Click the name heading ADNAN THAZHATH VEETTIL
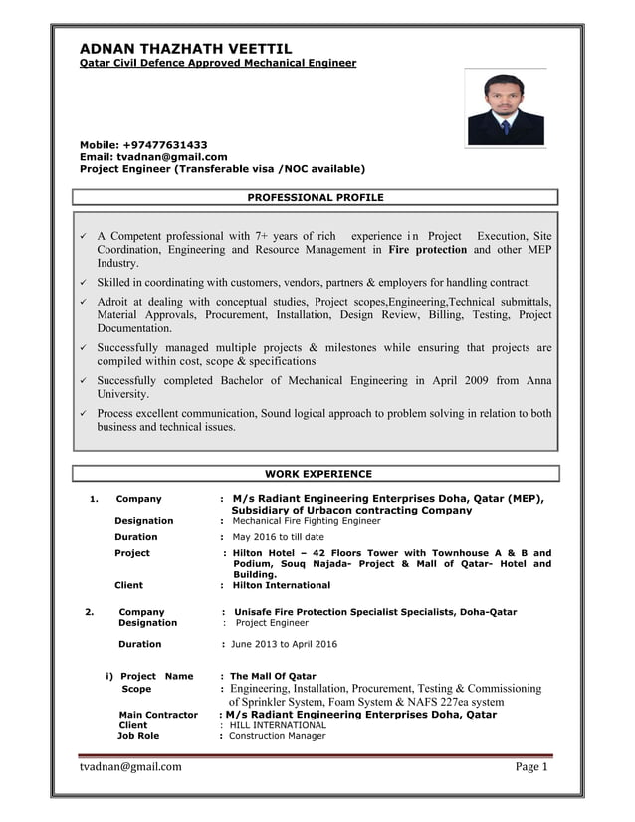pyautogui.click(x=185, y=48)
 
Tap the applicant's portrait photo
pyautogui.click(x=506, y=109)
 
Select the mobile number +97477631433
pyautogui.click(x=165, y=145)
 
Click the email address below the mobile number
pyautogui.click(x=172, y=157)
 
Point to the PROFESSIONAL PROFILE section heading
pyautogui.click(x=315, y=198)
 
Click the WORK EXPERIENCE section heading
pyautogui.click(x=317, y=474)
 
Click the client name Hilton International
pyautogui.click(x=281, y=585)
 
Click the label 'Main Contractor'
pyautogui.click(x=157, y=715)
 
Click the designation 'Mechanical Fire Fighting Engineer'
pyautogui.click(x=306, y=520)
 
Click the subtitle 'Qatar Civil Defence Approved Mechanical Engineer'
pyautogui.click(x=217, y=63)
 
